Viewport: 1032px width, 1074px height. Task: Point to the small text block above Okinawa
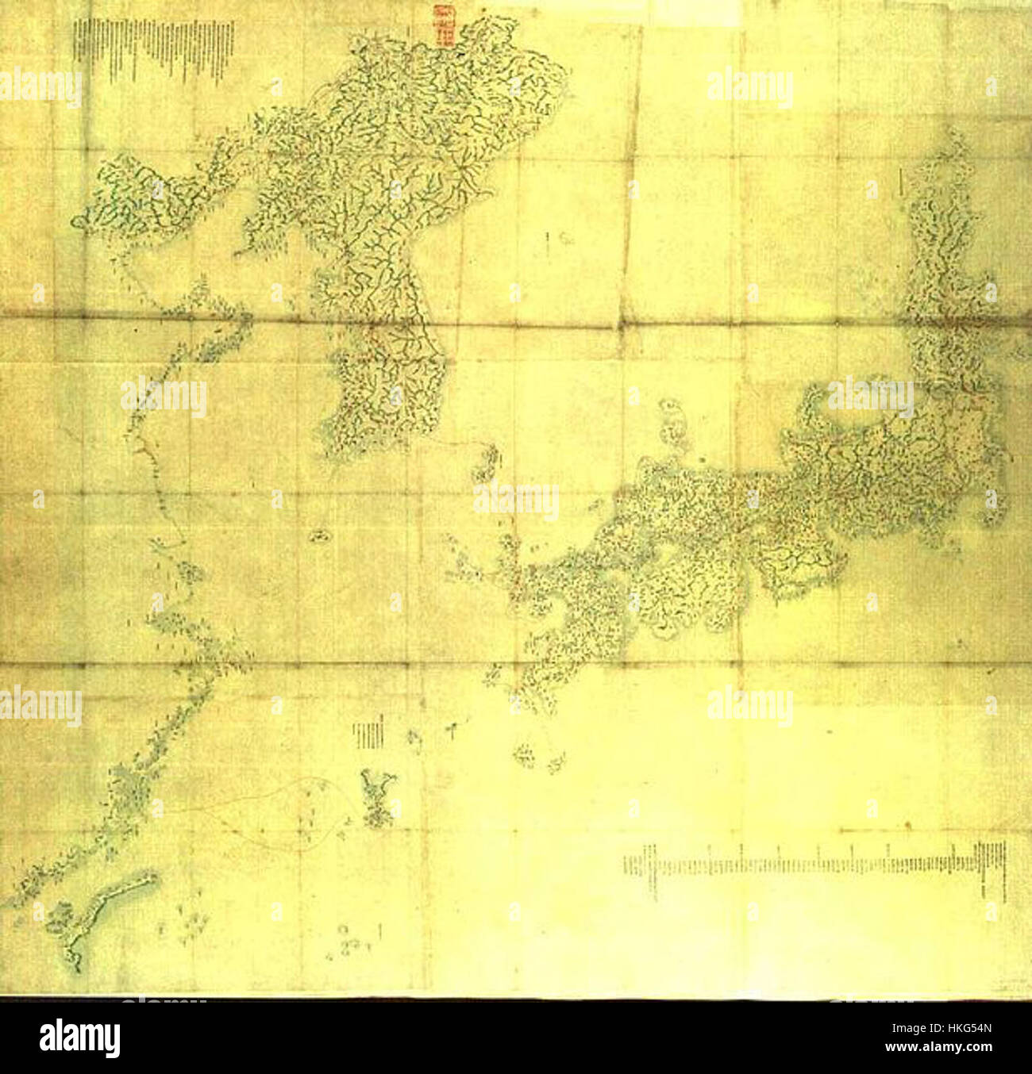click(x=369, y=734)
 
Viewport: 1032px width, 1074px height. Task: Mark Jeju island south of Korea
click(x=319, y=537)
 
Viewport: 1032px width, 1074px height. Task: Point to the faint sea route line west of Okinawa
click(x=262, y=809)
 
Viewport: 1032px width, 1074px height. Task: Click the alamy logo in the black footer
click(x=79, y=1038)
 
